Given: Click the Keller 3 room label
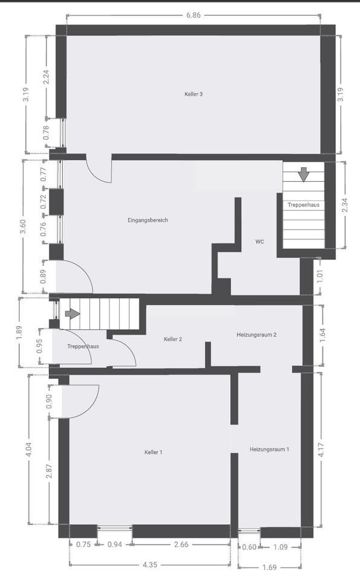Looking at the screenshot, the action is coord(193,94).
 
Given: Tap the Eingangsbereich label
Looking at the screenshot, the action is coord(147,220).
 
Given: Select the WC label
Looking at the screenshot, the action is coord(259,242).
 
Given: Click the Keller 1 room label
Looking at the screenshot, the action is coord(153,452).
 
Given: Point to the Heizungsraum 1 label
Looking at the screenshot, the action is coord(269,449).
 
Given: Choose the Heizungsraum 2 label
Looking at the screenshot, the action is coord(257,335).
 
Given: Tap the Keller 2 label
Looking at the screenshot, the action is coord(173,339).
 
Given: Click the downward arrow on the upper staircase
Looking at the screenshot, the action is coord(304,175).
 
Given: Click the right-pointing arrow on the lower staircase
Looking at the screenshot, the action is coord(72,314).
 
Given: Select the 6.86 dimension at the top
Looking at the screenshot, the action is coord(193,15).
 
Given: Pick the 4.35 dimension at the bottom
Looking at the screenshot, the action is coord(150,564).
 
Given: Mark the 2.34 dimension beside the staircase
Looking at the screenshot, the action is coord(345,205).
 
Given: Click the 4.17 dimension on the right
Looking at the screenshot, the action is coord(321,449).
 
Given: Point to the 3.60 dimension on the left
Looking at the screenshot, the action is coord(23,227).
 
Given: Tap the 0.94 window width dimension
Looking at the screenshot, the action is coord(115,544).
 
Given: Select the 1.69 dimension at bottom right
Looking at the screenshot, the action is coord(269,567).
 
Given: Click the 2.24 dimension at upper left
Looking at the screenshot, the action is coord(46,77).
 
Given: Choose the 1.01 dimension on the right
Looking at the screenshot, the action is coord(320,276).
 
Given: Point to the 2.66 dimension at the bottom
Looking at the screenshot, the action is coord(181,544).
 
